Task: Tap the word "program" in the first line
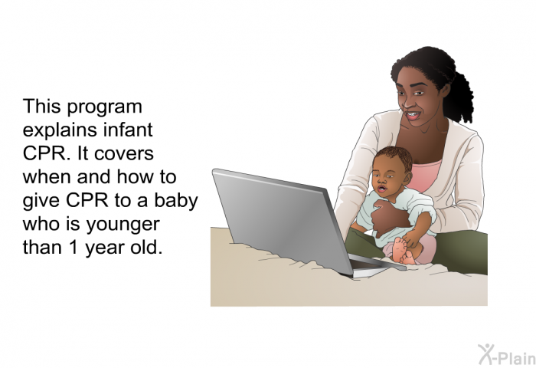tap(104, 107)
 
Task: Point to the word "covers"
tap(124, 154)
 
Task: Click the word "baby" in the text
tap(176, 201)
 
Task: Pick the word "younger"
tap(123, 225)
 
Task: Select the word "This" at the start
tap(41, 107)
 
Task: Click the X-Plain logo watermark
tap(507, 355)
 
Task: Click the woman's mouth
tap(413, 115)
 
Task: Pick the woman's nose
tap(407, 102)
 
